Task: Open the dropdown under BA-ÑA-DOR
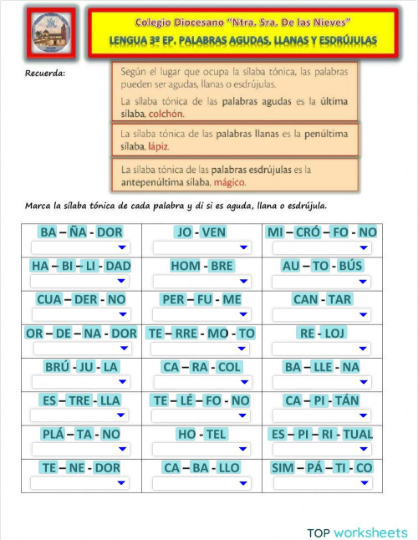coord(81,247)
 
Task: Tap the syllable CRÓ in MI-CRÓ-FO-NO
coord(305,232)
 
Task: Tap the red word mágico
coord(230,181)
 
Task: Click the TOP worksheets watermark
coord(357,532)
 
